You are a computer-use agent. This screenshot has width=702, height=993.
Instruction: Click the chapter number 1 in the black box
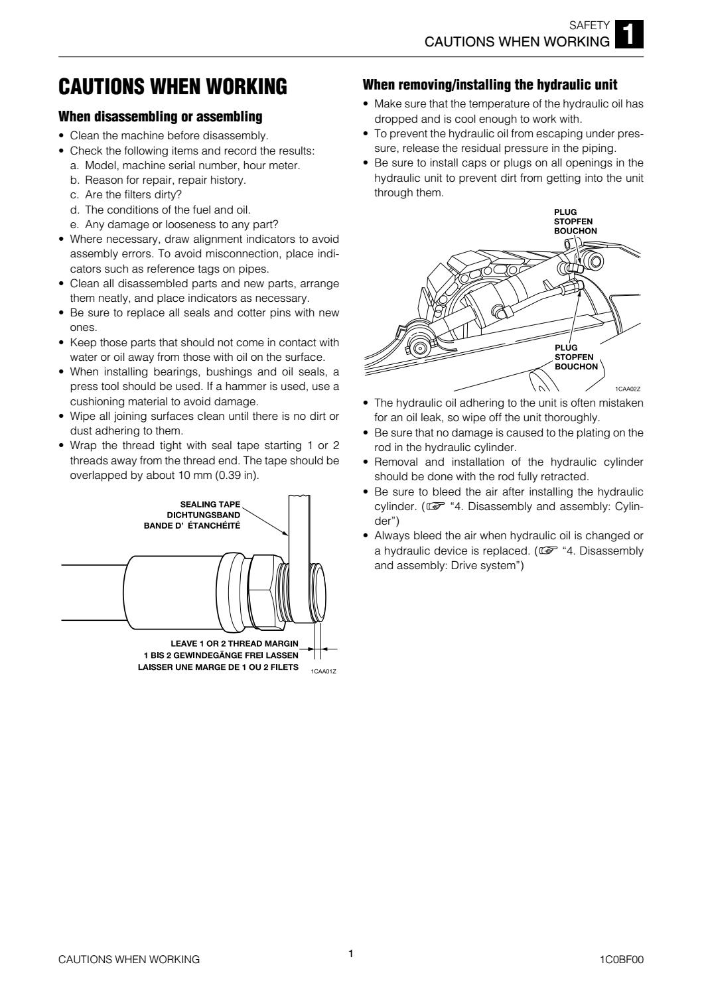click(629, 35)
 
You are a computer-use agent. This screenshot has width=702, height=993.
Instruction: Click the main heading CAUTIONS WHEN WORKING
click(173, 86)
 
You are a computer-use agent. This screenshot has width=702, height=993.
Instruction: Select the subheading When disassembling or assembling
click(161, 117)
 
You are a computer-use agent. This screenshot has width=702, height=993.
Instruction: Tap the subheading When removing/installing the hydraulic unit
click(490, 85)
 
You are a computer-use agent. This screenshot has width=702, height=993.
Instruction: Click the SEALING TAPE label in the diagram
click(210, 504)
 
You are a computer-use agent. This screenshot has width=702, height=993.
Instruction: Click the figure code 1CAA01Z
click(323, 671)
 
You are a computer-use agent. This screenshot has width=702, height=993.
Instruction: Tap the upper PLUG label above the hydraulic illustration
click(565, 212)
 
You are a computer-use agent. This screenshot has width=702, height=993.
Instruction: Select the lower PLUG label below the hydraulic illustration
click(566, 348)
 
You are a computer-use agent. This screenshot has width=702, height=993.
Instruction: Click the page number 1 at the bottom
click(351, 954)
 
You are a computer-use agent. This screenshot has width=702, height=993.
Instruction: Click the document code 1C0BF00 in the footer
click(620, 959)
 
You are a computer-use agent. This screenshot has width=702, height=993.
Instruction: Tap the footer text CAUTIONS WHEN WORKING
click(129, 959)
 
